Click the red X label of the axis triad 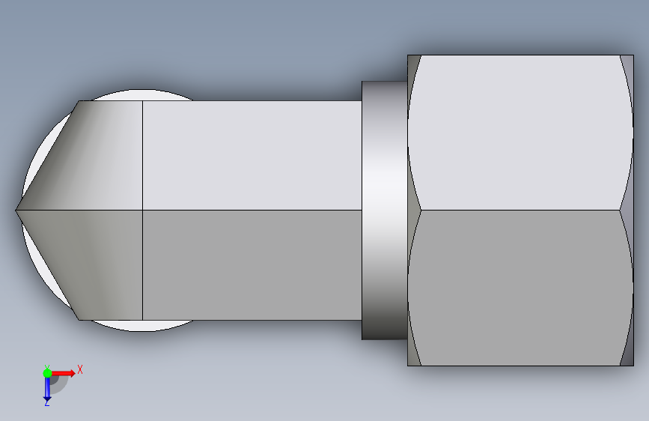pos(80,369)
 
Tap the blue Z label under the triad pos(46,402)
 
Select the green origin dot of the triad pos(47,373)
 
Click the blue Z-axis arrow pos(47,388)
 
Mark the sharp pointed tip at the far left pos(16,210)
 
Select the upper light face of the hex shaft pos(252,155)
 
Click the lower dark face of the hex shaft pos(252,264)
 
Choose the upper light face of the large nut pos(520,133)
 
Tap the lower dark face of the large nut pos(520,288)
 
